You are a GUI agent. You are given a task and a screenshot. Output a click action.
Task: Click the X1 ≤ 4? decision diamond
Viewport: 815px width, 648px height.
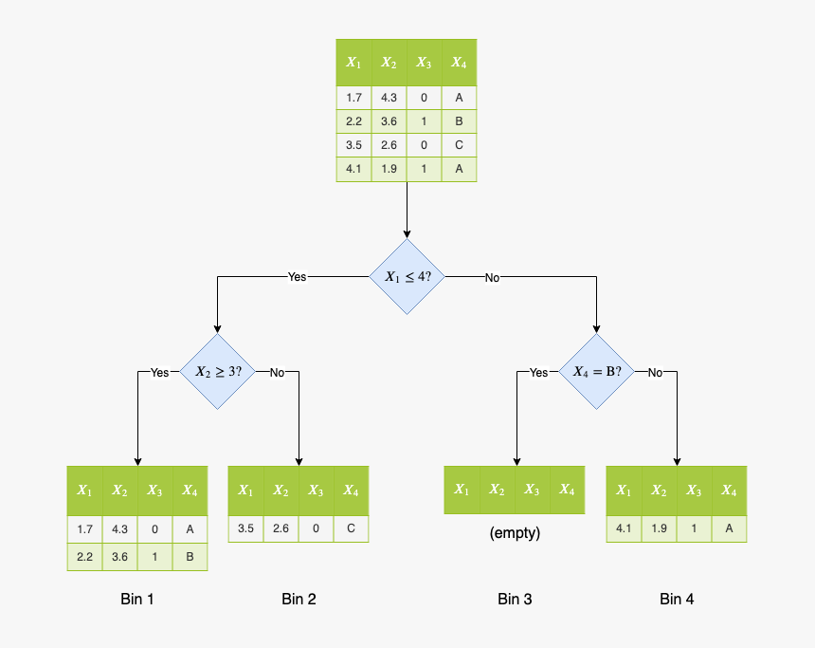click(x=407, y=276)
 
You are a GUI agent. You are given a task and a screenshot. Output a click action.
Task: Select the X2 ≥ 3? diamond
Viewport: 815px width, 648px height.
click(x=218, y=372)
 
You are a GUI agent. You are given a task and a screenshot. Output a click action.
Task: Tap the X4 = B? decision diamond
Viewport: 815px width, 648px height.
click(x=596, y=372)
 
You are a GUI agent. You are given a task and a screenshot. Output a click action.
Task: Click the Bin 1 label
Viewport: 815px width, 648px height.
click(x=137, y=599)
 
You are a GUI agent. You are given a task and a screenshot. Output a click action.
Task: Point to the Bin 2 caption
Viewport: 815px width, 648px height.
click(x=299, y=599)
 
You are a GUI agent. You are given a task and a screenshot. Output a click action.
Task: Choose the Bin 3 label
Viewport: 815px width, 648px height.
click(x=515, y=599)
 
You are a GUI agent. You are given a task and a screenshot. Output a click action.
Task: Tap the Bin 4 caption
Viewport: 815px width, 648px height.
click(x=677, y=599)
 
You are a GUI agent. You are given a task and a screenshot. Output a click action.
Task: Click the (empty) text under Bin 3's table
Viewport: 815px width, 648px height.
click(x=515, y=533)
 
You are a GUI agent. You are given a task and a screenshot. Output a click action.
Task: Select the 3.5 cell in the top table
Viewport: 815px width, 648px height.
click(x=353, y=145)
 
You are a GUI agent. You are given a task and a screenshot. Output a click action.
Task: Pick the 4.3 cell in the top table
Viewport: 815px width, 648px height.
click(x=389, y=97)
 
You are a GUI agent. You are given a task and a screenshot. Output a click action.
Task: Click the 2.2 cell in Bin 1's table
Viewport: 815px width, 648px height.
click(x=84, y=557)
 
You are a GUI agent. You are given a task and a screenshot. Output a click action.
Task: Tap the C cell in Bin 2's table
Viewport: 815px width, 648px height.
click(x=351, y=528)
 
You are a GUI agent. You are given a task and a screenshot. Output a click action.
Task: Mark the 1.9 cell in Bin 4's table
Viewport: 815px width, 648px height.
click(x=659, y=528)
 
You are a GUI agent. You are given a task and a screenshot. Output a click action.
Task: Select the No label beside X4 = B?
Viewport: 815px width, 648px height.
click(x=655, y=373)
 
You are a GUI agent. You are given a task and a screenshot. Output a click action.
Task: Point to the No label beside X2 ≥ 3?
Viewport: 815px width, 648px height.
click(x=277, y=373)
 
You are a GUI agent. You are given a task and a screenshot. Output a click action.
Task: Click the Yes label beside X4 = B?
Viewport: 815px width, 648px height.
click(x=538, y=373)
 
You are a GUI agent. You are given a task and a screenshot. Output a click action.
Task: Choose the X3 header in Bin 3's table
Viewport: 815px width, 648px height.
click(x=532, y=490)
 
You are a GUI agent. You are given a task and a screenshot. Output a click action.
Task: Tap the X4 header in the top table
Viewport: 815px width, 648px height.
click(x=459, y=63)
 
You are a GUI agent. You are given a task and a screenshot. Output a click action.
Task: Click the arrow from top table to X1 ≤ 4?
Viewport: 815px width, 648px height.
click(x=407, y=209)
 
